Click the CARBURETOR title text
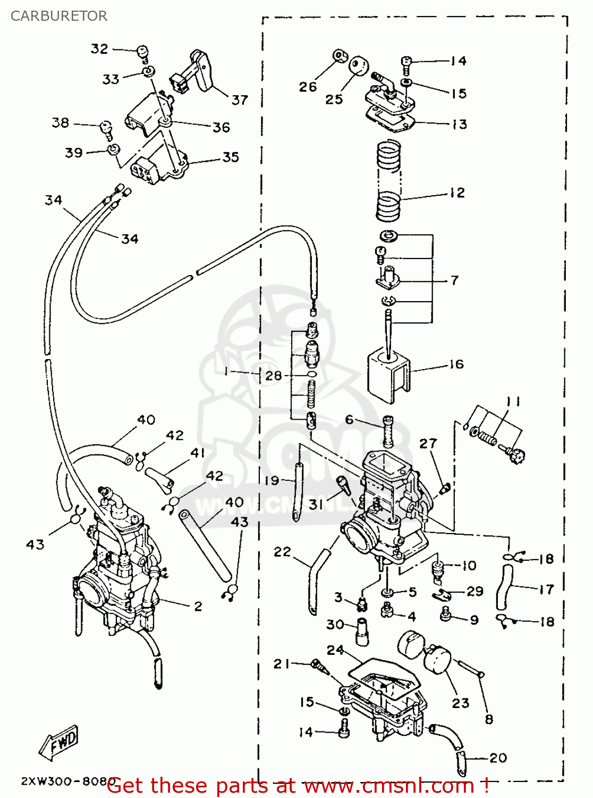[x=58, y=16]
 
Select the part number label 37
[x=240, y=99]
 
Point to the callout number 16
[x=456, y=364]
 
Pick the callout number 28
[x=273, y=376]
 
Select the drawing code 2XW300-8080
[x=68, y=782]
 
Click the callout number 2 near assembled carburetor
[x=198, y=606]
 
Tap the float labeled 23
[x=437, y=660]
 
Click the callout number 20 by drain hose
[x=498, y=758]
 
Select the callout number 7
[x=454, y=280]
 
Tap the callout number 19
[x=272, y=480]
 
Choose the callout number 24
[x=335, y=650]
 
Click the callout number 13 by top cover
[x=459, y=124]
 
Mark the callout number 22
[x=282, y=552]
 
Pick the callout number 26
[x=307, y=86]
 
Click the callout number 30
[x=335, y=624]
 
